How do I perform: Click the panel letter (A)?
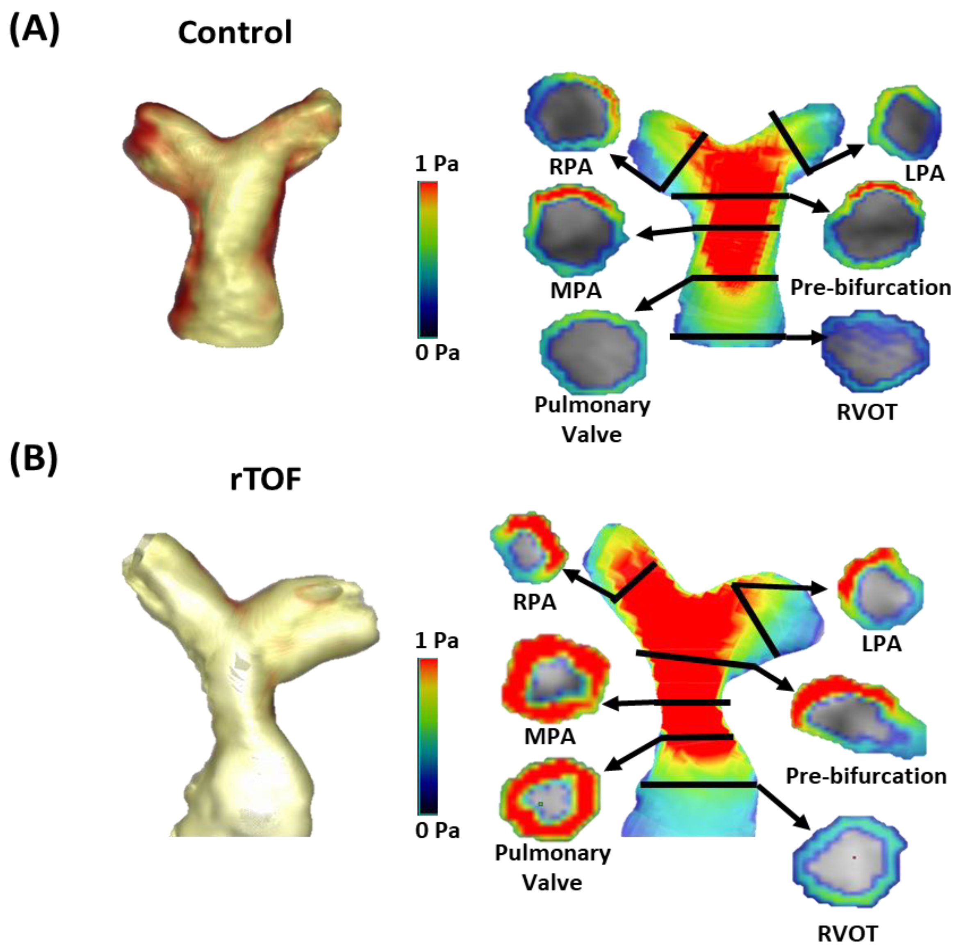coord(34,30)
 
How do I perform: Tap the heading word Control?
coord(235,33)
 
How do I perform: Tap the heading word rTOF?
coord(266,479)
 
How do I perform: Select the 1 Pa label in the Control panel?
coord(437,164)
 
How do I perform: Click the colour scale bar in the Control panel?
coord(428,259)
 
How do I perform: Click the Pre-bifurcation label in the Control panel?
coord(870,287)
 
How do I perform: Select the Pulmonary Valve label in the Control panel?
coord(592,420)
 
